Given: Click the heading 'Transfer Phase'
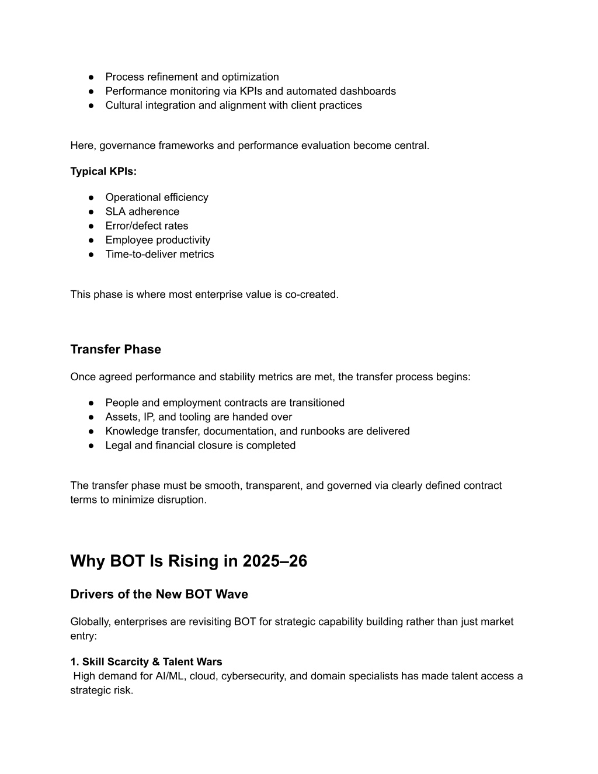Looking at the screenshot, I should [x=116, y=349].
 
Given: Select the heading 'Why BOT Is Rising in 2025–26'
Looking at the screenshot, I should [x=189, y=561].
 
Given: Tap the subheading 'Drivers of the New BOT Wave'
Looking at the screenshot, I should [x=159, y=594].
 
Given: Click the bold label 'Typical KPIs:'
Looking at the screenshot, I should [x=103, y=171].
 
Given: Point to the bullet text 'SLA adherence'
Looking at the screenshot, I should [x=142, y=211].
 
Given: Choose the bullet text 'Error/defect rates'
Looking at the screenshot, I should [x=147, y=225].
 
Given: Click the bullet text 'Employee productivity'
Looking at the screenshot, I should [x=158, y=240].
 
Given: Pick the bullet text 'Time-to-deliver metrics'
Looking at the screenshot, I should [x=159, y=254].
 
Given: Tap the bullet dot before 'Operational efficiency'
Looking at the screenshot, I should [x=92, y=197].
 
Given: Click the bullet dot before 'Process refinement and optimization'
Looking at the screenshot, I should [x=92, y=77].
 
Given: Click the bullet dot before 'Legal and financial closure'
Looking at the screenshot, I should [x=92, y=446].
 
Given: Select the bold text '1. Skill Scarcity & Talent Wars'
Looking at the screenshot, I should [x=146, y=662].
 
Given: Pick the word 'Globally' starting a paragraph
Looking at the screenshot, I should [x=89, y=622].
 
